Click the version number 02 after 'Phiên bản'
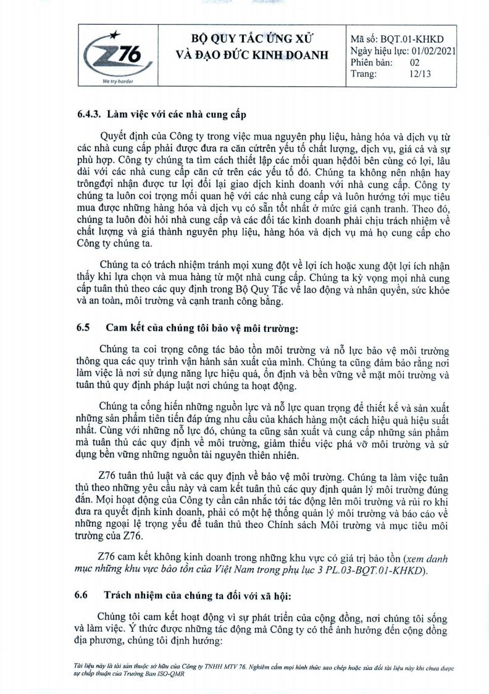pyautogui.click(x=415, y=62)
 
